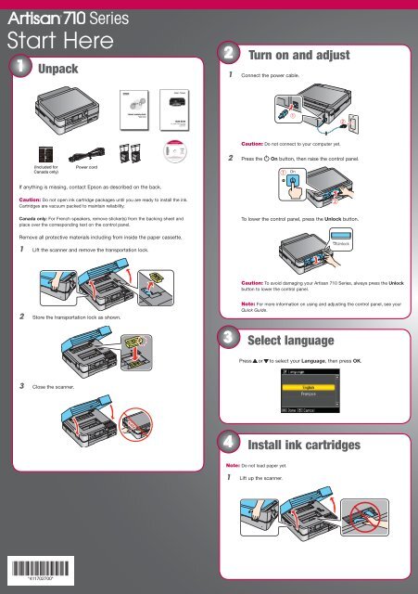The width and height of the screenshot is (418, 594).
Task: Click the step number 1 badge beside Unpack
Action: coord(17,69)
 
